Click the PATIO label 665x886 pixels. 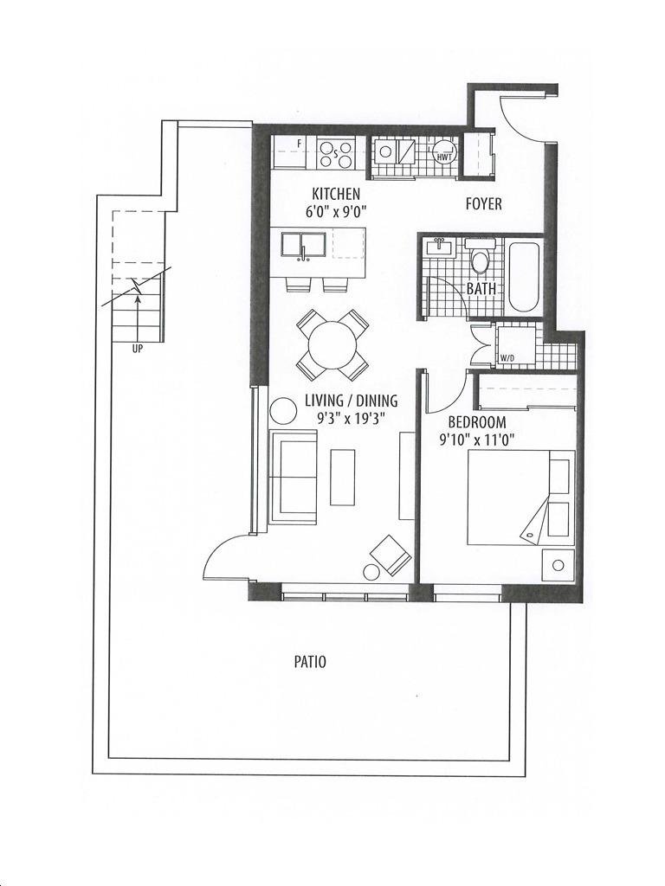coord(310,662)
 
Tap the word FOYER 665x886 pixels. coord(483,203)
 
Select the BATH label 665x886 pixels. coord(481,288)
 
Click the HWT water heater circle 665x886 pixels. coord(445,152)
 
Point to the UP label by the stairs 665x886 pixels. coord(138,350)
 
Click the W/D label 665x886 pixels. coord(507,357)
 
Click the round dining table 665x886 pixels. coord(332,344)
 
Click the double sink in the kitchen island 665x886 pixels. coord(304,247)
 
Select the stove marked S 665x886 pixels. coord(335,153)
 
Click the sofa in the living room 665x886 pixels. coord(293,477)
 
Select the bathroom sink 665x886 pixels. coord(438,247)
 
